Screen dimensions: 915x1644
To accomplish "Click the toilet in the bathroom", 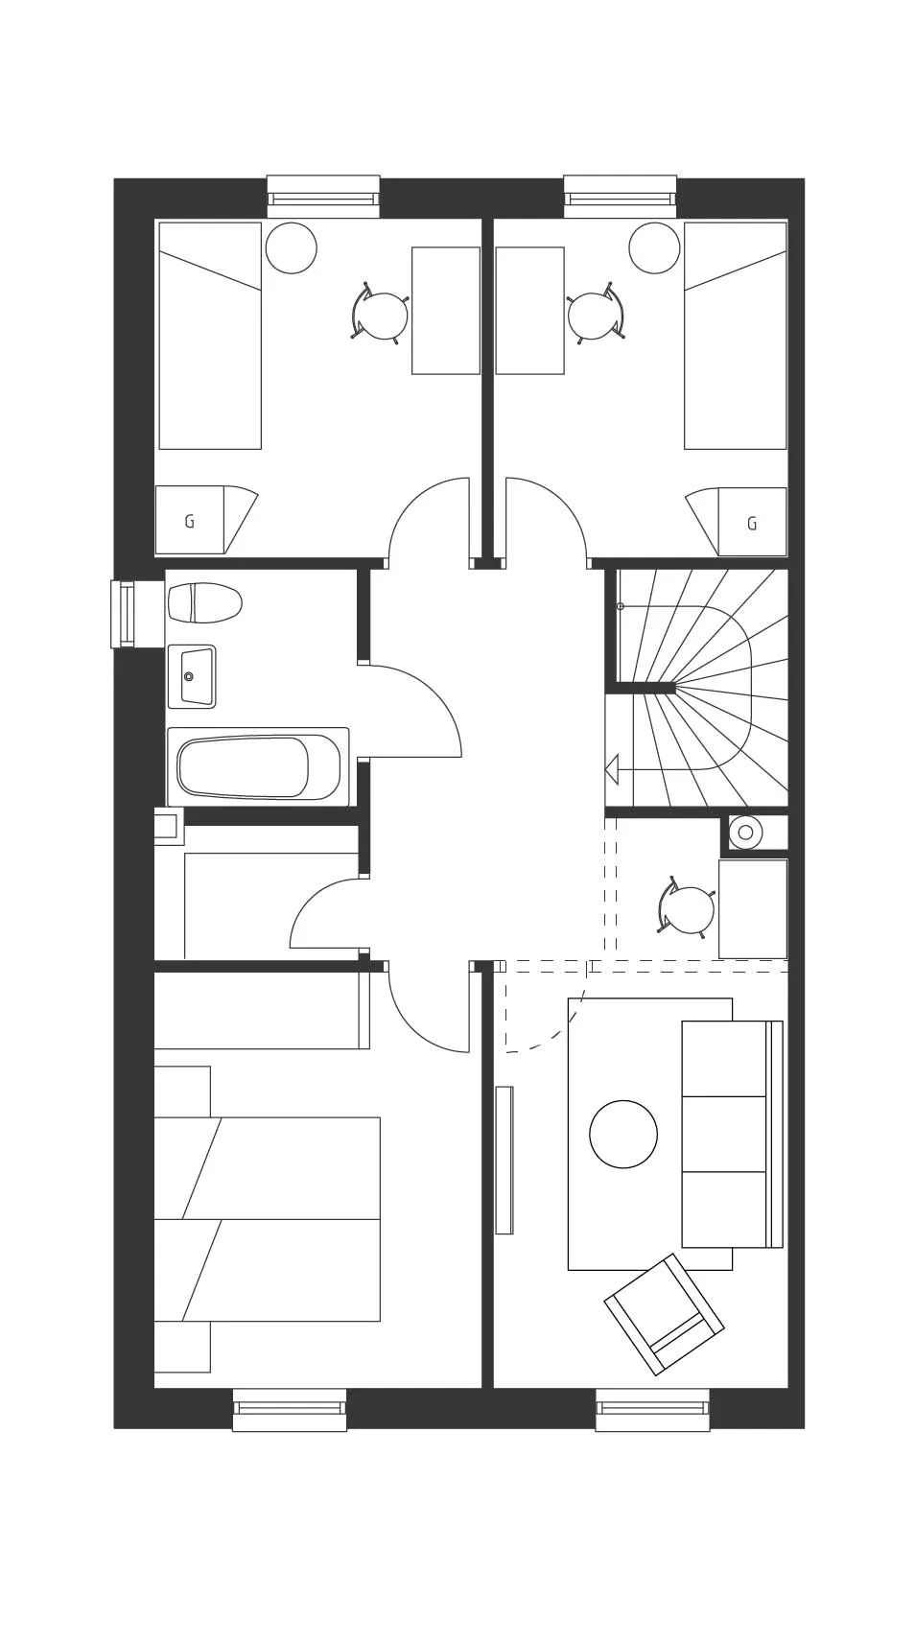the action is pyautogui.click(x=204, y=602).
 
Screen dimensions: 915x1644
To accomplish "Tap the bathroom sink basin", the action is pyautogui.click(x=192, y=676).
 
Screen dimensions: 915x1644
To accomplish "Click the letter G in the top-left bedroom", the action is pyautogui.click(x=189, y=522).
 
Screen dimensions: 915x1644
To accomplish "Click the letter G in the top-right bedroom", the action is pyautogui.click(x=751, y=524).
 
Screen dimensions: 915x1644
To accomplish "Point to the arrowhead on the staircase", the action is pyautogui.click(x=612, y=770).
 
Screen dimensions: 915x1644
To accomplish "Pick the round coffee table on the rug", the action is pyautogui.click(x=623, y=1134).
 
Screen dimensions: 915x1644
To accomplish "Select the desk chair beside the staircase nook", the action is pyautogui.click(x=687, y=908).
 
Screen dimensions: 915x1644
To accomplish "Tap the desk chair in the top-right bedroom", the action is pyautogui.click(x=597, y=314).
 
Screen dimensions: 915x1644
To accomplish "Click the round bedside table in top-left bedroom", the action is pyautogui.click(x=292, y=248).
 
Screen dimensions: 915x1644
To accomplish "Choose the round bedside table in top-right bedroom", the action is pyautogui.click(x=654, y=248).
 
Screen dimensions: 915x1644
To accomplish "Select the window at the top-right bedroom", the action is pyautogui.click(x=620, y=196).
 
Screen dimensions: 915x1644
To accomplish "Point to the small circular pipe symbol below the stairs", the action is pyautogui.click(x=746, y=833).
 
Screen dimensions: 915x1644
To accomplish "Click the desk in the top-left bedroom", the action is pyautogui.click(x=446, y=311).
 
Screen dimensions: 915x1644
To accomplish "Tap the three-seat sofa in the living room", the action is pyautogui.click(x=733, y=1134).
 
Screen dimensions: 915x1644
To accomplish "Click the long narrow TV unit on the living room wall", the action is pyautogui.click(x=504, y=1160).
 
